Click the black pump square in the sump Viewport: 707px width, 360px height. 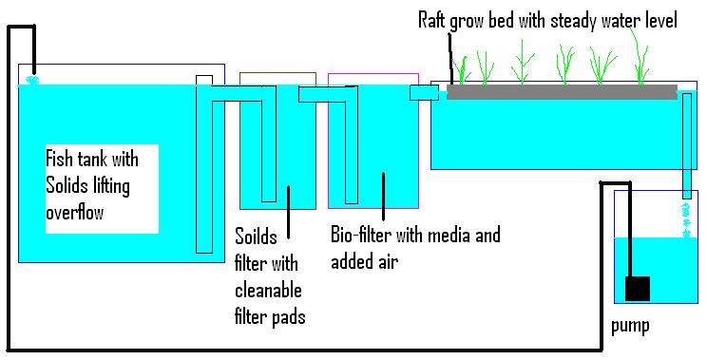coord(637,288)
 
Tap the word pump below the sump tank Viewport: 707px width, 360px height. coord(631,326)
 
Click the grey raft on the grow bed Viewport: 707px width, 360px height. coord(562,92)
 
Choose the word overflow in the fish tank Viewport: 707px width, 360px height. coord(75,214)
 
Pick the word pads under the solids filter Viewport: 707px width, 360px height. coord(287,317)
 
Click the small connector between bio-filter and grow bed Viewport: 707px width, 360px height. coord(424,92)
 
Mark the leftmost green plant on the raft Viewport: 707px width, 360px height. coord(465,67)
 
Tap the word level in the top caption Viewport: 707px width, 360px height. coord(659,20)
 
